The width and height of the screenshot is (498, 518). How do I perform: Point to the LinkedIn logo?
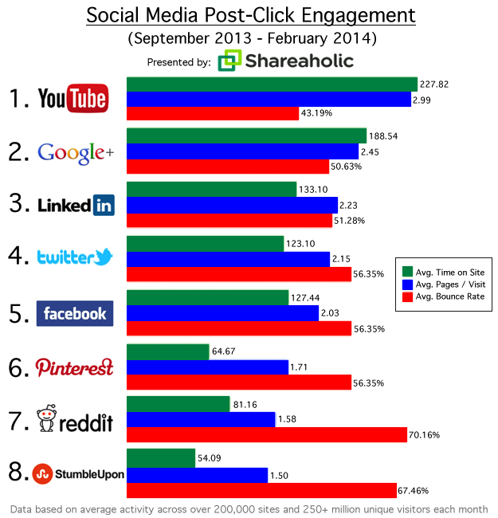click(x=76, y=205)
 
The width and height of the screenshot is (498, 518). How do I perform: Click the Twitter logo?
click(x=76, y=257)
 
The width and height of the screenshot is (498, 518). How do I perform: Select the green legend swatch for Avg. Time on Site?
click(x=408, y=272)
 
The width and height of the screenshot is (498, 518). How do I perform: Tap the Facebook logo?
click(x=76, y=312)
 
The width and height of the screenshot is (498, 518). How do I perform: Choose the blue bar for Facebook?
click(x=223, y=313)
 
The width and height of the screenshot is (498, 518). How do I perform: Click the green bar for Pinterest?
click(x=159, y=351)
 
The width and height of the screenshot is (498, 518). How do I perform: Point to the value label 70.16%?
click(x=425, y=435)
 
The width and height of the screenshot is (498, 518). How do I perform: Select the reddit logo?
click(x=76, y=421)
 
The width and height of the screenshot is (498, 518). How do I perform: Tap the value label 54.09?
click(x=212, y=458)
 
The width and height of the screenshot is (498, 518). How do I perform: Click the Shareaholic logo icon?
click(x=229, y=61)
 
